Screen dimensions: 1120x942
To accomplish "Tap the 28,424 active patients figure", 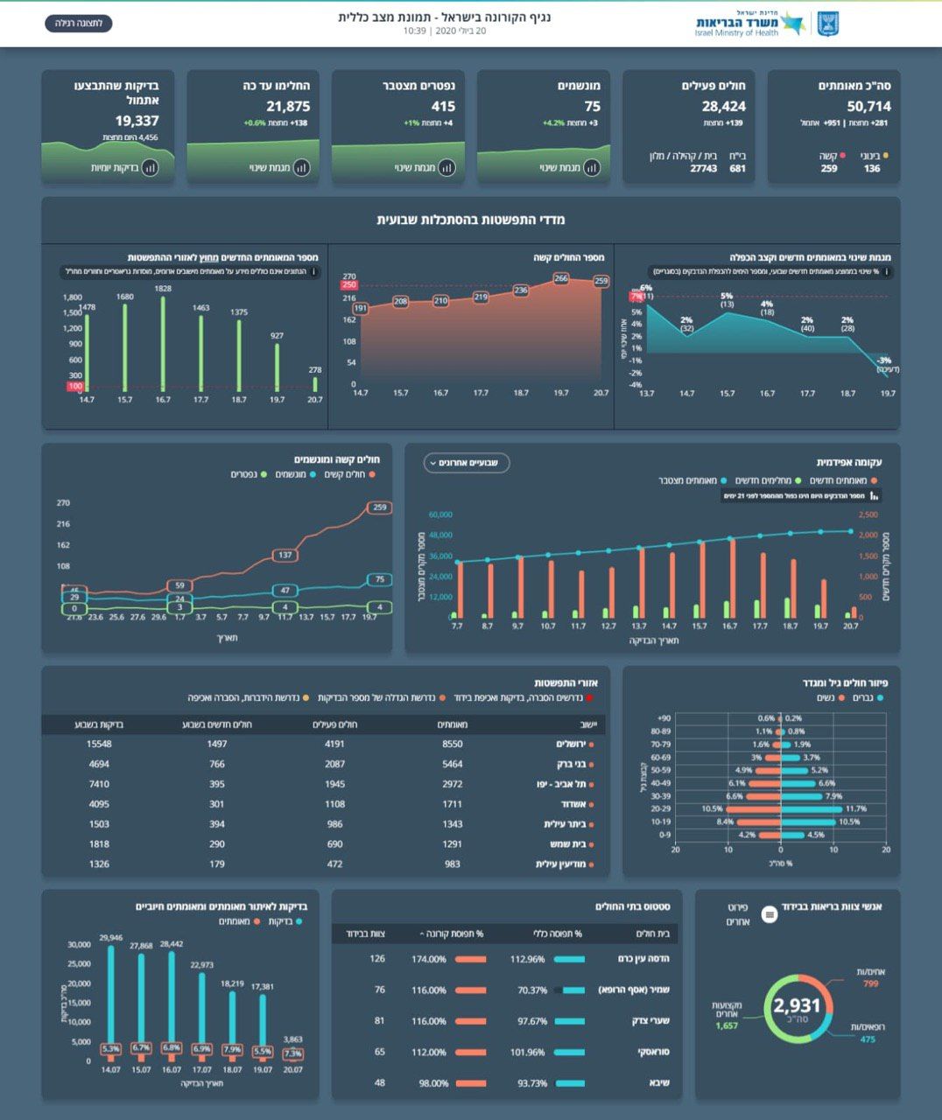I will point(724,107).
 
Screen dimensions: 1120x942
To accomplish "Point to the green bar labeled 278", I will point(315,384).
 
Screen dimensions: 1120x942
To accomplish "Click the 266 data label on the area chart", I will point(561,278).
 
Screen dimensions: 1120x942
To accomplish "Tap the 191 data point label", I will point(361,308).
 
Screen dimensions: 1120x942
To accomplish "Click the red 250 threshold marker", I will point(349,284).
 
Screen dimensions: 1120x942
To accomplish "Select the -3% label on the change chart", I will point(884,360).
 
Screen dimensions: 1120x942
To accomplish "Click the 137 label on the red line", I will point(285,555).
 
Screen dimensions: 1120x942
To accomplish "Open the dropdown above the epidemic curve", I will point(467,463).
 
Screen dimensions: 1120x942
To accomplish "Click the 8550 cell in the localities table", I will point(453,744).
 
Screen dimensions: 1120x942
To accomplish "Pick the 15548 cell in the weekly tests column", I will point(99,744).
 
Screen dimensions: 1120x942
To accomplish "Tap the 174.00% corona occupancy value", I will point(429,959).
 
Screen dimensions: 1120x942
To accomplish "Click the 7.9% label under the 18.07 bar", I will point(232,1049).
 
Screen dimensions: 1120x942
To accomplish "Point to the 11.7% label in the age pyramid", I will point(855,809).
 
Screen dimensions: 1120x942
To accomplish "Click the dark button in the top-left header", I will point(79,23).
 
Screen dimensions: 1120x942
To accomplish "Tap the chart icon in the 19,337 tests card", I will point(150,167).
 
